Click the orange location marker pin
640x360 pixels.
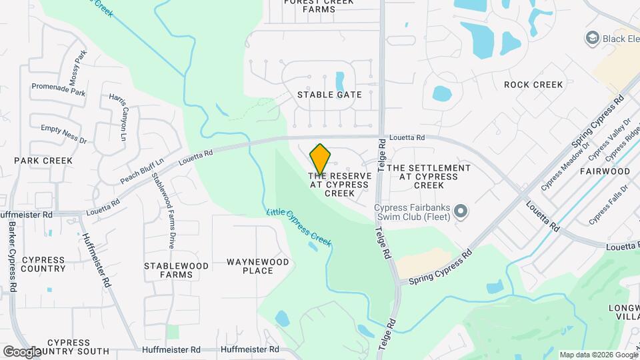coord(321,159)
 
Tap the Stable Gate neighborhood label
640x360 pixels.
coord(329,95)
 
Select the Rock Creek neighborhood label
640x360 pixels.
coord(533,85)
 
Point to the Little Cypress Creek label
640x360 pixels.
coord(299,227)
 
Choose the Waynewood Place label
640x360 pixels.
coord(258,266)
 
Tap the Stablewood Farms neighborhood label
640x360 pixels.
coord(176,270)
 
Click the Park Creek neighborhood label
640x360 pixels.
coord(43,161)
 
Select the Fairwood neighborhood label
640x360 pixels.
coord(605,171)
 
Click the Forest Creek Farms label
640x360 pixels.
coord(319,6)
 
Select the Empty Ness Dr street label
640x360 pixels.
coord(64,135)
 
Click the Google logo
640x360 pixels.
coord(23,351)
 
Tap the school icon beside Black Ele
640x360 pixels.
coord(590,38)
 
